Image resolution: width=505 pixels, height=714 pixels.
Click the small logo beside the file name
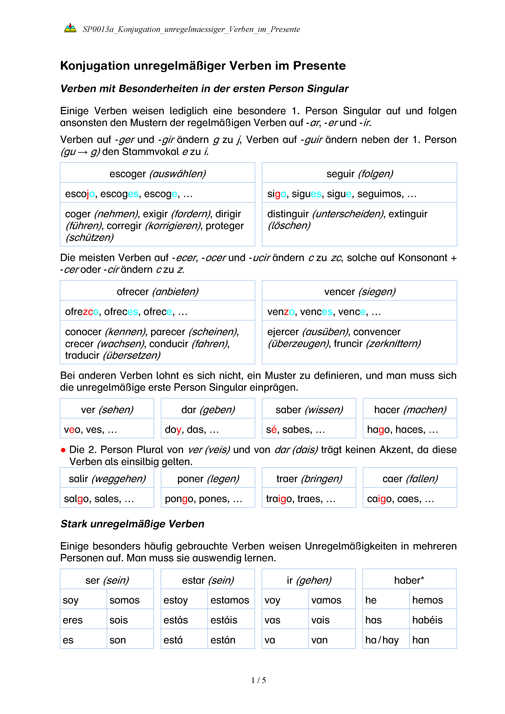pyautogui.click(x=70, y=28)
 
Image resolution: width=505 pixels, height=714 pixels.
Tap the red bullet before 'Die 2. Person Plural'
pyautogui.click(x=63, y=450)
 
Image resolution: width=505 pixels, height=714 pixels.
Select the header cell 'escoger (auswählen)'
pyautogui.click(x=157, y=173)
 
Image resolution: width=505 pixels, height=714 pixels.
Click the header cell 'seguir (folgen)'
pyautogui.click(x=359, y=173)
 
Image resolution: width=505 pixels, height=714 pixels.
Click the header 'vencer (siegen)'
pyautogui.click(x=359, y=291)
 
